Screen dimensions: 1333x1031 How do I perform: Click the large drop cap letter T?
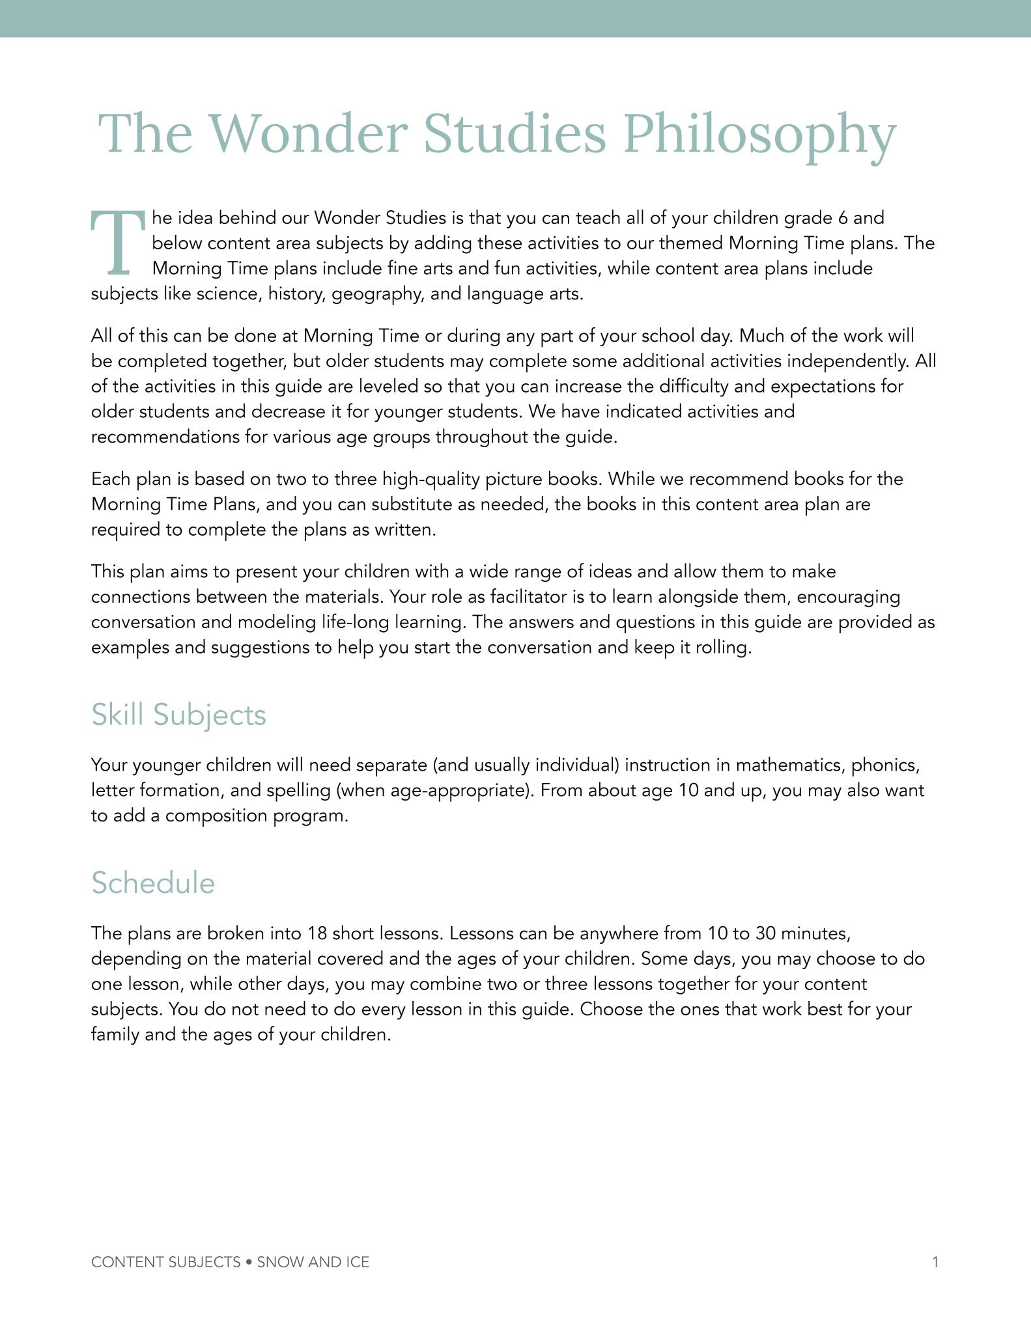(x=117, y=243)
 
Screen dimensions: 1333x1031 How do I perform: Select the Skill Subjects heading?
(x=178, y=715)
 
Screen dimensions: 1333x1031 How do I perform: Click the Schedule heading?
(x=153, y=883)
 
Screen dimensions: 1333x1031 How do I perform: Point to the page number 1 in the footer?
(x=935, y=1262)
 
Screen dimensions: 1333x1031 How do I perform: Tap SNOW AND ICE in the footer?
(x=313, y=1262)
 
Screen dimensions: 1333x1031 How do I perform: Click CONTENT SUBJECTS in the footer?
(x=166, y=1262)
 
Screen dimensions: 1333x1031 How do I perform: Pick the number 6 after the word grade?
(x=843, y=218)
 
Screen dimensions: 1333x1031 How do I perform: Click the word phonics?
(x=885, y=765)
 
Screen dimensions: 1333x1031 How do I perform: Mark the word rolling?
(x=722, y=648)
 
